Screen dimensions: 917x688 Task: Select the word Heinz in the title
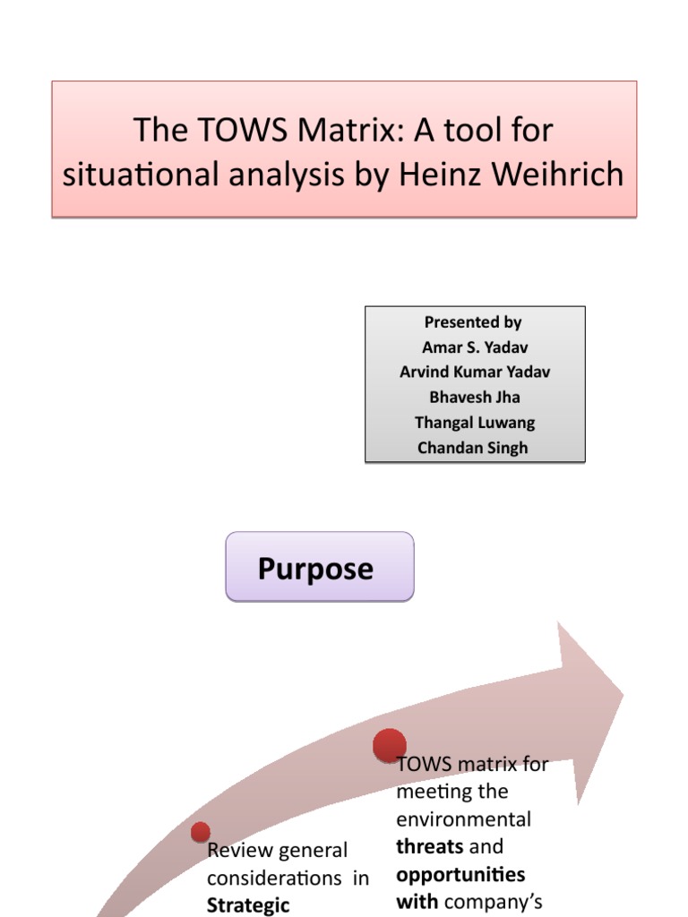point(454,174)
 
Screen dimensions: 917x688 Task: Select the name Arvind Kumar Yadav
point(475,373)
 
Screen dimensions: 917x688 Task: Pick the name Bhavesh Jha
point(474,398)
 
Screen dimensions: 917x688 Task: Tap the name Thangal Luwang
point(474,423)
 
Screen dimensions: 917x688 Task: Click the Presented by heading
point(473,322)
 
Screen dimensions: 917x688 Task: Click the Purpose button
point(319,567)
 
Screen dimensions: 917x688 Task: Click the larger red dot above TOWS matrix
point(390,745)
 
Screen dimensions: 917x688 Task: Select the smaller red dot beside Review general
point(201,832)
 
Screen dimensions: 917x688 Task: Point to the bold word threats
point(430,846)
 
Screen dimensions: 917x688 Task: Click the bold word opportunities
point(460,874)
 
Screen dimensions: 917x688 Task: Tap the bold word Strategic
point(248,905)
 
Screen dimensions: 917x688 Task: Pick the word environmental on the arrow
point(463,819)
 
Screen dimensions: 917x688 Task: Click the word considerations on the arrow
point(276,878)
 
